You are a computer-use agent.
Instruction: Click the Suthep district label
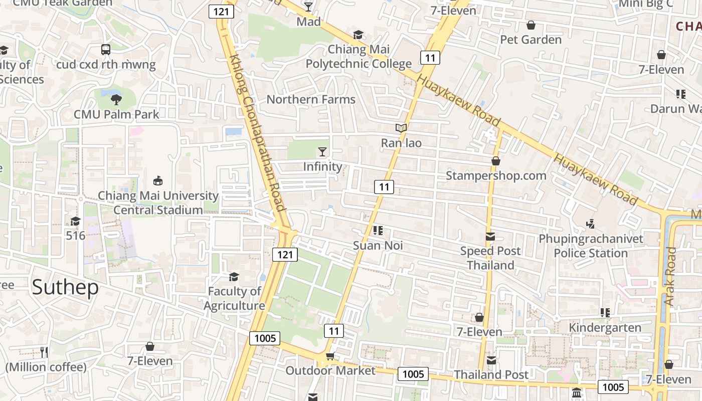tap(65, 287)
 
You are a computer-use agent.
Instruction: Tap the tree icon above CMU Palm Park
tap(116, 99)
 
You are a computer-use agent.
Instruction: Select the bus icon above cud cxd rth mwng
tap(106, 49)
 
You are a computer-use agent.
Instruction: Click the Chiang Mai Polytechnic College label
tap(359, 57)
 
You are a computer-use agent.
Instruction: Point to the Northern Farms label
tap(311, 99)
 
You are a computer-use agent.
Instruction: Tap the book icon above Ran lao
tap(401, 128)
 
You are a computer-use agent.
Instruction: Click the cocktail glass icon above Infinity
tap(322, 151)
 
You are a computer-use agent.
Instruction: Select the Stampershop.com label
tap(496, 175)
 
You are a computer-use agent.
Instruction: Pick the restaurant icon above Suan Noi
tap(378, 231)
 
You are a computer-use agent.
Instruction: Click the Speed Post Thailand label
tap(490, 258)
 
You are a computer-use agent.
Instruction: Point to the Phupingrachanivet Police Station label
tap(591, 246)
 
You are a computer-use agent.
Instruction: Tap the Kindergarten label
tap(605, 328)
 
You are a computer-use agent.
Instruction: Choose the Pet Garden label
tap(531, 40)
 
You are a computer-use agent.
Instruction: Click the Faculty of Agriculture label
tap(234, 298)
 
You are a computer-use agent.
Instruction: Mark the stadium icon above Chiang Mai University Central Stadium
tap(158, 181)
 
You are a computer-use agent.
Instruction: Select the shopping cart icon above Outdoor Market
tap(330, 356)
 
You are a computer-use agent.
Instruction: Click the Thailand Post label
tap(491, 374)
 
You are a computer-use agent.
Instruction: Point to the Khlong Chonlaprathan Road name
tap(257, 133)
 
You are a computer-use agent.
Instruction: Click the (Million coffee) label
tap(46, 367)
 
